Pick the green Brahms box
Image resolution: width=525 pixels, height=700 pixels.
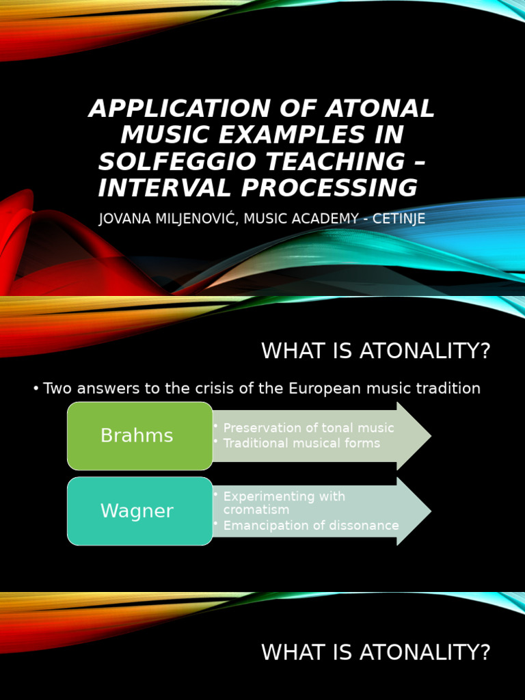[x=139, y=436]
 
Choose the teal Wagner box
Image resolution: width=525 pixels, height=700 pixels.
[x=139, y=511]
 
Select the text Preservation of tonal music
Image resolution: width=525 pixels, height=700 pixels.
[x=308, y=428]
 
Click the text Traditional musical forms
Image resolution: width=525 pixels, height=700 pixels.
[x=301, y=443]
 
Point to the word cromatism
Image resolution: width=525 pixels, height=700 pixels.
[x=256, y=510]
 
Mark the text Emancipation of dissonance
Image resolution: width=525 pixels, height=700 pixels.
[x=311, y=526]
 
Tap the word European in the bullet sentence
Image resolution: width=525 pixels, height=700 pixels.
[x=331, y=388]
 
